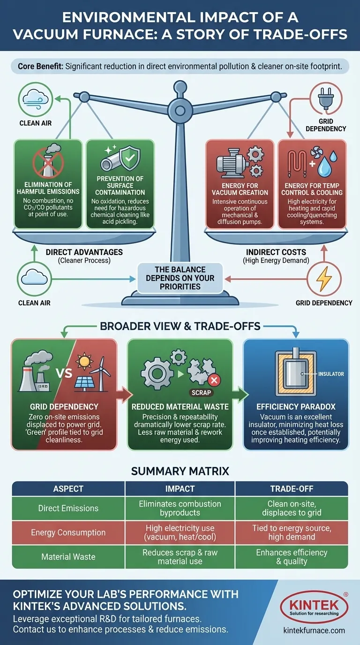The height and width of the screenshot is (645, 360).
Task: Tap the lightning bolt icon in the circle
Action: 324,279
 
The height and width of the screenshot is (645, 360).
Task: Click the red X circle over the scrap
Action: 215,380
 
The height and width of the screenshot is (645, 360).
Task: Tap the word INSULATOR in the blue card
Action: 331,374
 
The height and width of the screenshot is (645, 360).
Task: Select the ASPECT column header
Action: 68,488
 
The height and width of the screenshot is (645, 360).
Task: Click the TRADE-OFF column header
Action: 291,488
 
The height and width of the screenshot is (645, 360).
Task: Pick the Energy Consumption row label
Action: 68,532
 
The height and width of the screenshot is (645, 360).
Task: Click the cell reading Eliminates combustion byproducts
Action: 180,508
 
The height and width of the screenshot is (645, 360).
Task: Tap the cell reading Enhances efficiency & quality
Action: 291,557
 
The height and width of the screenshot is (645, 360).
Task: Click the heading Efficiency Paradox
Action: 295,407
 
